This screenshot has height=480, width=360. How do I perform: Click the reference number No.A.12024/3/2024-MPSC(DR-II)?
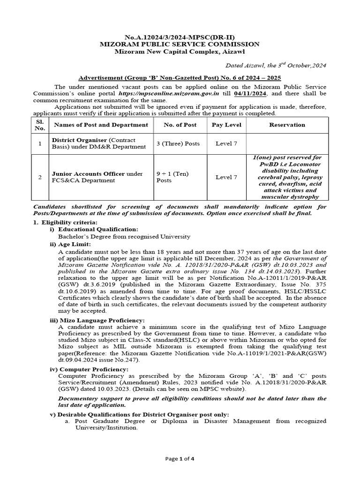coord(180,37)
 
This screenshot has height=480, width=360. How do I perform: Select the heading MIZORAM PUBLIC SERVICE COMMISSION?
coord(180,44)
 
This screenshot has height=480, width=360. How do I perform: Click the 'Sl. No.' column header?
coord(40,125)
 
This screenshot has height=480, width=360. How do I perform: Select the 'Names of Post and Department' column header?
coord(101,125)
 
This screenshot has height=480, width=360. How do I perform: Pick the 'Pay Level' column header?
coord(226,125)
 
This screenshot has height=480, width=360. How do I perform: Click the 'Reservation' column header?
coord(287,125)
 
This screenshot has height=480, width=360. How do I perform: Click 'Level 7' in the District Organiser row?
coord(226,143)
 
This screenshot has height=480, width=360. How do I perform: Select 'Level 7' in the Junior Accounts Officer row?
coord(226,177)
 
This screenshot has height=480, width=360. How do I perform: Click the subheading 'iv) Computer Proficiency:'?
coord(89,369)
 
